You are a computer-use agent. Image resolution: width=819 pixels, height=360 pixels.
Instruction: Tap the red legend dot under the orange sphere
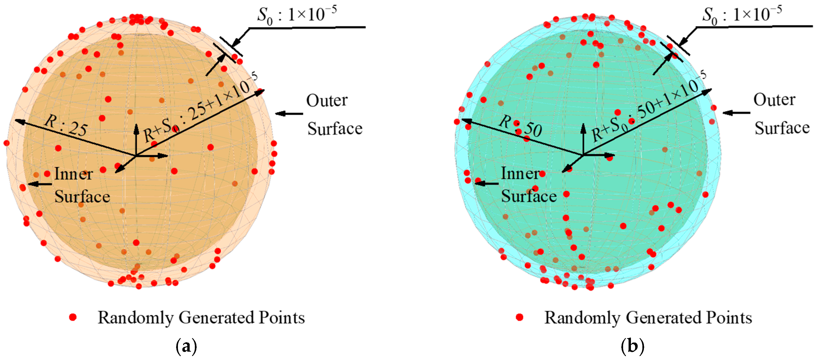click(x=73, y=317)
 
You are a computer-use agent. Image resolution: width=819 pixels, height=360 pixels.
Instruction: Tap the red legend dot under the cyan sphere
click(x=519, y=317)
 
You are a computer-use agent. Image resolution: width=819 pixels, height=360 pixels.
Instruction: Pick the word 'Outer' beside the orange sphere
click(x=327, y=101)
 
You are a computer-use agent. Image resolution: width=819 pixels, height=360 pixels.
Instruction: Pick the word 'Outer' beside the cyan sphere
click(x=774, y=100)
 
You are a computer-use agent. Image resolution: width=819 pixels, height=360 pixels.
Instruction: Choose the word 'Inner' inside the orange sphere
click(x=73, y=174)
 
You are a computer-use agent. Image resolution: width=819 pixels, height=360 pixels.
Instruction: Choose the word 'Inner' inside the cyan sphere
click(x=520, y=174)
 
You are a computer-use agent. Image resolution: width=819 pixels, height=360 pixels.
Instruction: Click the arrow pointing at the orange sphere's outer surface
click(x=289, y=114)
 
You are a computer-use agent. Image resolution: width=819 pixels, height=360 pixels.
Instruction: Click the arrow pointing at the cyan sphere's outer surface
click(x=736, y=113)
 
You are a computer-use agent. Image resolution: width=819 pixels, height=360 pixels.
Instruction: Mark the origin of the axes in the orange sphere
click(x=136, y=156)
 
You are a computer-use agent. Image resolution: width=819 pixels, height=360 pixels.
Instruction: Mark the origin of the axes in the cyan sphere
click(x=584, y=155)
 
